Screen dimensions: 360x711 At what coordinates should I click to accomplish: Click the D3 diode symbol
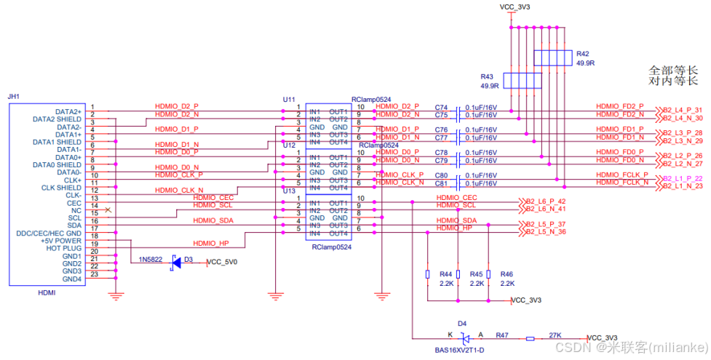pyautogui.click(x=175, y=263)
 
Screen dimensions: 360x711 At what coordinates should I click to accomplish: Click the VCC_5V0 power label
pyautogui.click(x=222, y=263)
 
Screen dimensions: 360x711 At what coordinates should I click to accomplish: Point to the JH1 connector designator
pyautogui.click(x=13, y=96)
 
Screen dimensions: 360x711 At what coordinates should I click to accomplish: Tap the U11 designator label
pyautogui.click(x=289, y=99)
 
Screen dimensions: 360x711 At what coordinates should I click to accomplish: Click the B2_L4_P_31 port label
pyautogui.click(x=682, y=110)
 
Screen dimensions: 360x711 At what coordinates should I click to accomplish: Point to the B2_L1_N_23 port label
pyautogui.click(x=682, y=187)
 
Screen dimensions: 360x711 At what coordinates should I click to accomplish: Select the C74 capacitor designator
pyautogui.click(x=441, y=107)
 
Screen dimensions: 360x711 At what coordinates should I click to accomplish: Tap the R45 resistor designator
pyautogui.click(x=477, y=274)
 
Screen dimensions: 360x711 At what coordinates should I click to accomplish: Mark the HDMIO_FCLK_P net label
pyautogui.click(x=621, y=175)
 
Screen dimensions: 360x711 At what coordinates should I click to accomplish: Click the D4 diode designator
pyautogui.click(x=462, y=322)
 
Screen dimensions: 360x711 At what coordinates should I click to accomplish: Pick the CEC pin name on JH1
pyautogui.click(x=74, y=203)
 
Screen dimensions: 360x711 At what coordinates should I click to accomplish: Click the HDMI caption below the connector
pyautogui.click(x=46, y=292)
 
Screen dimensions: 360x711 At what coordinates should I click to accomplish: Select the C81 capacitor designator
pyautogui.click(x=441, y=183)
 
